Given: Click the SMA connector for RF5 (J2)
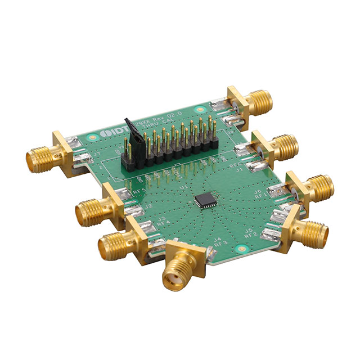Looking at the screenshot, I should [93, 211].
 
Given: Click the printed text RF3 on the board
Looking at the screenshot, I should [222, 242].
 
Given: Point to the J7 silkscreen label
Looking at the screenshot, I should [96, 153].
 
